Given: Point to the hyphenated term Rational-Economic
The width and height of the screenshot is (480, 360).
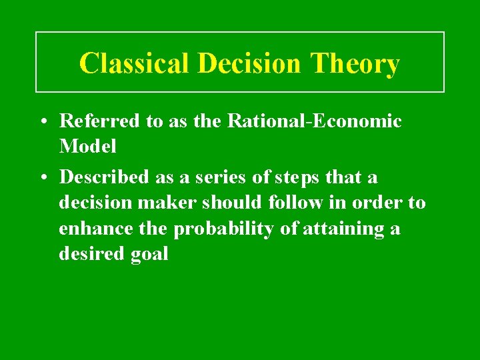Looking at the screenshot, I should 315,121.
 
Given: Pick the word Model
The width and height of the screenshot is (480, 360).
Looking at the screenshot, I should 87,145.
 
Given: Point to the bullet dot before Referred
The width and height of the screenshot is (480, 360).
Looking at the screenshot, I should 42,122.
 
